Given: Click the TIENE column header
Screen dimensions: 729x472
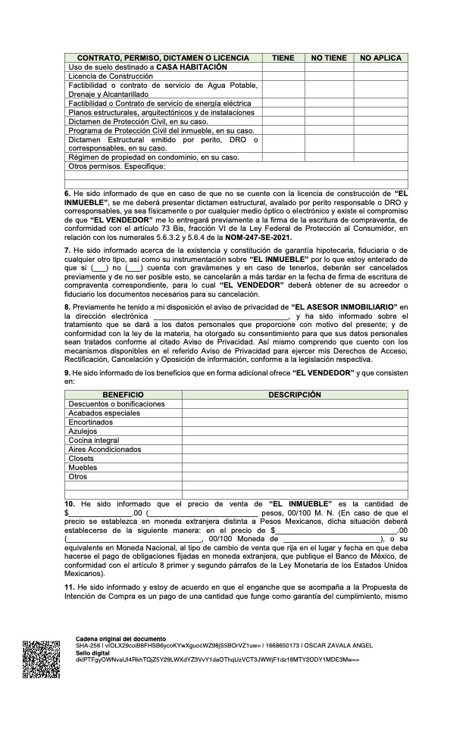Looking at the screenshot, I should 283,58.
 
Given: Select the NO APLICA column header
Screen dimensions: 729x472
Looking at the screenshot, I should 380,58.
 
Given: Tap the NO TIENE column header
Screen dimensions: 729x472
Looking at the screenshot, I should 329,58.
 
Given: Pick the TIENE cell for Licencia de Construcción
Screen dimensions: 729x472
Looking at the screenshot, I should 283,76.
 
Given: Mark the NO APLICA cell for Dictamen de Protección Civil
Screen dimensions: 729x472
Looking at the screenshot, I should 380,121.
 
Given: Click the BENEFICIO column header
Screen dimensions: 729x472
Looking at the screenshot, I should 123,395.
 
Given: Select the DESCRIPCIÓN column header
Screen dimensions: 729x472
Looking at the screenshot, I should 295,395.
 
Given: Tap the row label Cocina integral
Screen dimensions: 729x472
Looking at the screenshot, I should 94,440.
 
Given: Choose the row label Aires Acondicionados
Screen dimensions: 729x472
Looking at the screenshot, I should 105,449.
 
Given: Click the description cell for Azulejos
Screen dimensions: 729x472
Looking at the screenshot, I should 295,431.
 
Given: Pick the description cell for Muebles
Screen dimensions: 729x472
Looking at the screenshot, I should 295,467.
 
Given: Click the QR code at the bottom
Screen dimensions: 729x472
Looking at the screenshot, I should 41,659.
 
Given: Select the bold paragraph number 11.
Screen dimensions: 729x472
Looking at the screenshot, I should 69,587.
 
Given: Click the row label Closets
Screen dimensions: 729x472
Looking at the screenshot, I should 81,458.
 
